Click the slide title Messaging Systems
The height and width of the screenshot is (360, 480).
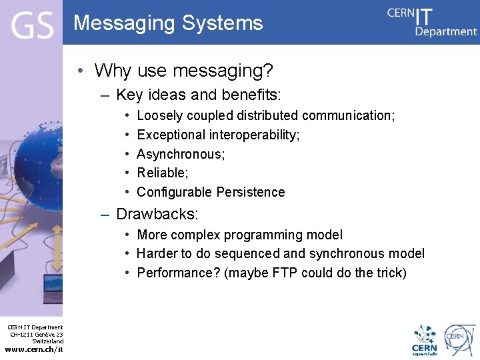[168, 23]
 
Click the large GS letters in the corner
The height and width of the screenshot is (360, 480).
[31, 26]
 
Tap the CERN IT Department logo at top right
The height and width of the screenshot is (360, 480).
[432, 22]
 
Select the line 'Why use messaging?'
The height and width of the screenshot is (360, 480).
[184, 70]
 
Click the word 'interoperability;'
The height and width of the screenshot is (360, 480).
[254, 135]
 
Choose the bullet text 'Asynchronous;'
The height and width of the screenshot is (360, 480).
[181, 154]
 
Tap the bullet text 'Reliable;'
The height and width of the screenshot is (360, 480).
[163, 173]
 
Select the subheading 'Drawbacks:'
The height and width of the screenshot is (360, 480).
[157, 214]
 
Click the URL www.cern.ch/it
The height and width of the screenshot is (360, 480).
[34, 349]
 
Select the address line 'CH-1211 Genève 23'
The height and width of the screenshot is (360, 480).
[37, 334]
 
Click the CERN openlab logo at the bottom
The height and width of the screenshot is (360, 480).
[425, 340]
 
